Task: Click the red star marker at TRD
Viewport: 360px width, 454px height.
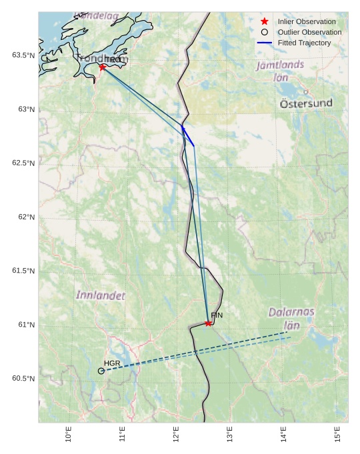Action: tap(103, 67)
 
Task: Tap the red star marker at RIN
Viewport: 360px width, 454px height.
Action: tap(209, 323)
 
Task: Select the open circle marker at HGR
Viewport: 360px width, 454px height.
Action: tap(101, 371)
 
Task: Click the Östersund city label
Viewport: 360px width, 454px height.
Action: tap(306, 104)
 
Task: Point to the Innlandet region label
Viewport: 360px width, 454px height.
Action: tap(100, 295)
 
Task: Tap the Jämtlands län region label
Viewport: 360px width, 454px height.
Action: tap(280, 71)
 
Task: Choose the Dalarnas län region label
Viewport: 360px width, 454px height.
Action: tap(292, 318)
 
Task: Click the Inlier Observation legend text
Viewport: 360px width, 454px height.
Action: tap(307, 21)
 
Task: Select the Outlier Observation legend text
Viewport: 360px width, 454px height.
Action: tap(309, 32)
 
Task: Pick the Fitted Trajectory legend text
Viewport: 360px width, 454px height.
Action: tap(304, 43)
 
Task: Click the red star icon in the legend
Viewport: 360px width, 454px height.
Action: tap(265, 21)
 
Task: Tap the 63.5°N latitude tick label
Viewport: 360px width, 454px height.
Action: tap(23, 55)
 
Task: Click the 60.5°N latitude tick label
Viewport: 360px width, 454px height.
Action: tap(23, 379)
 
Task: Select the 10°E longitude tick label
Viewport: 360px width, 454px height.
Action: tap(69, 434)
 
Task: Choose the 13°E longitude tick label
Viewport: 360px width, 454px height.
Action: tap(230, 434)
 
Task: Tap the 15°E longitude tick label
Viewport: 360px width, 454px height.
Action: tap(337, 434)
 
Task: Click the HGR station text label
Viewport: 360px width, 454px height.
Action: tap(111, 363)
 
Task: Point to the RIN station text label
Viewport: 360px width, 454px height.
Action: tap(217, 315)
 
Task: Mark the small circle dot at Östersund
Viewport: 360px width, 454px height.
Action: tap(306, 92)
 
